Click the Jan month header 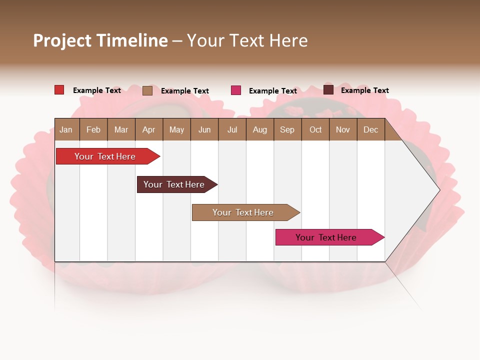point(66,129)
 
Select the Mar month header point(121,129)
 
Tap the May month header point(176,129)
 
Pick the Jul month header point(232,129)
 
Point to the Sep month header point(287,129)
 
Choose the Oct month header point(315,129)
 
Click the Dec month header point(370,129)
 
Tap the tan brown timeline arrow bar point(243,212)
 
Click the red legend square point(59,90)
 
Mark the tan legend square point(147,90)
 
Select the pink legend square point(236,90)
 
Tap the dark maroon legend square point(328,90)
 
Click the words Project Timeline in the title point(100,40)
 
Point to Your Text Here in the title point(247,40)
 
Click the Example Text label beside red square point(97,90)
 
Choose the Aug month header point(259,129)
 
